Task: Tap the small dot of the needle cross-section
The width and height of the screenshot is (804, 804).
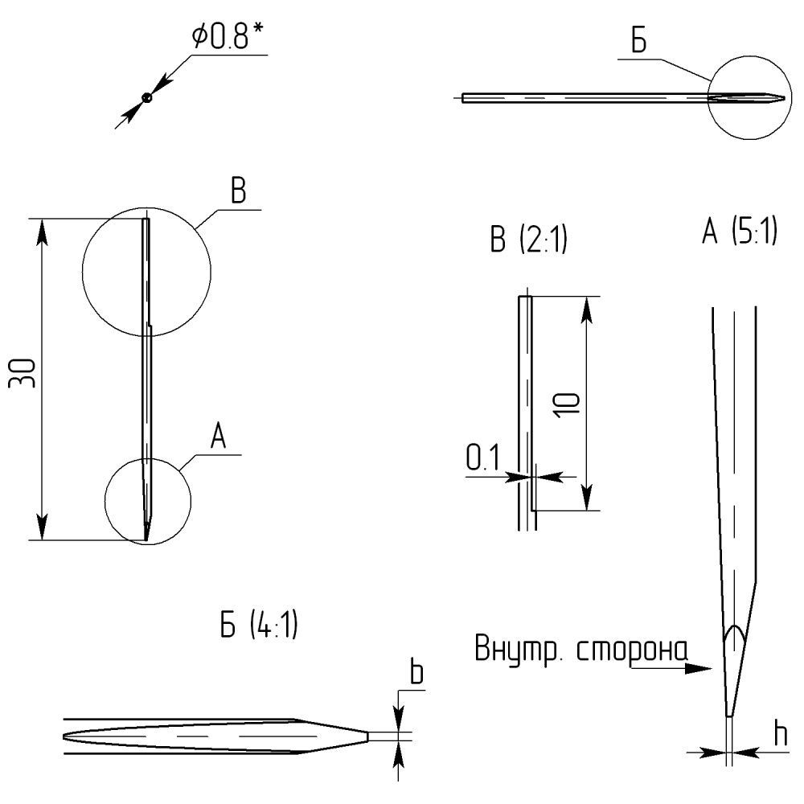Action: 146,97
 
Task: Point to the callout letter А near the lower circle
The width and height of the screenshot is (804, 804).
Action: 217,437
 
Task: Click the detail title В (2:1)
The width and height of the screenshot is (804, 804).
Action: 528,240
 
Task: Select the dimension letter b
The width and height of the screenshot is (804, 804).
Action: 416,674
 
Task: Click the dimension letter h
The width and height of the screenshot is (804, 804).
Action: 779,733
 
